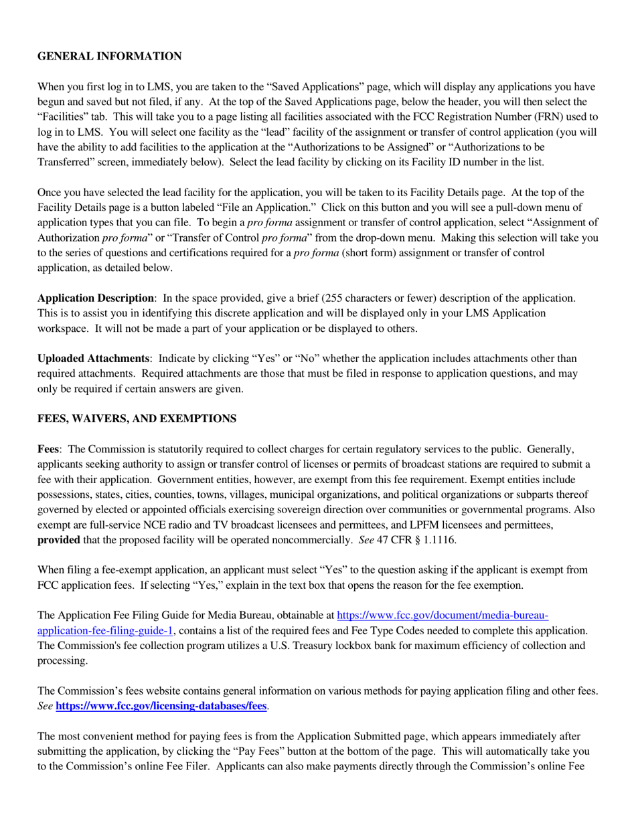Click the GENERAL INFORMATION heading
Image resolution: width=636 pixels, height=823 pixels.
[x=108, y=57]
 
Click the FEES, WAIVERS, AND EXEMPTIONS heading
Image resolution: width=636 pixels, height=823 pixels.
[x=137, y=419]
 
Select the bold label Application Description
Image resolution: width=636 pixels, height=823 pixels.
[x=95, y=298]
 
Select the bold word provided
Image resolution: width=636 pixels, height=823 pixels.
[x=58, y=540]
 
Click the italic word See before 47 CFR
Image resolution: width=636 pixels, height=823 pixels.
[x=366, y=540]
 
